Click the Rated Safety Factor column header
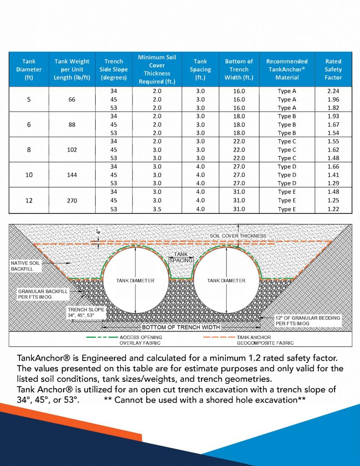click(x=333, y=69)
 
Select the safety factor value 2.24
click(x=333, y=91)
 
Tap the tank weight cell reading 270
click(x=72, y=200)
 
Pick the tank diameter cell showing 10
click(x=29, y=175)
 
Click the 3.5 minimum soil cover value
click(x=157, y=209)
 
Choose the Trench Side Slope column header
click(x=113, y=69)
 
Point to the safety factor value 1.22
click(x=333, y=209)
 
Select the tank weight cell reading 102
click(x=72, y=150)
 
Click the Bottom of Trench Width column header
click(x=239, y=69)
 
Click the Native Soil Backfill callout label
click(x=25, y=266)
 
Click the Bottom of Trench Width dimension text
click(x=181, y=327)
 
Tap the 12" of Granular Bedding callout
click(x=308, y=320)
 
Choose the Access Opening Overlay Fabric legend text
click(x=140, y=340)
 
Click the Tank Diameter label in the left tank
click(x=135, y=280)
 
